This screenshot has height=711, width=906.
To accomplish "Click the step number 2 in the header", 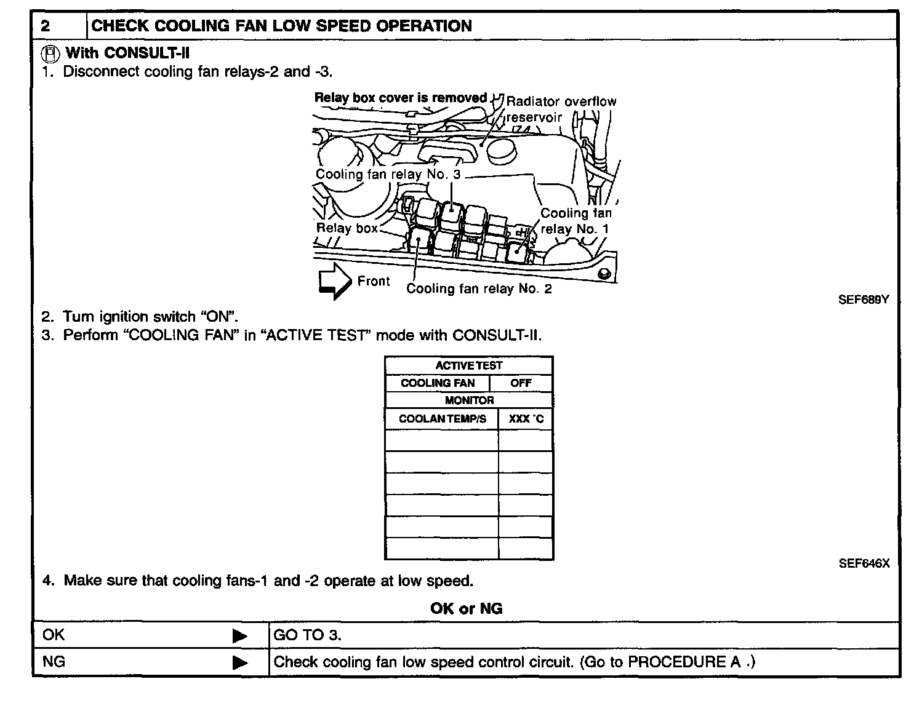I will (46, 26).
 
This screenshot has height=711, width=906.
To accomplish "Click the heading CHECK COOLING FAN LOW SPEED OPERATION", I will (281, 26).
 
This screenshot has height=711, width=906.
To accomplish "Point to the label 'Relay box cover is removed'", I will (400, 98).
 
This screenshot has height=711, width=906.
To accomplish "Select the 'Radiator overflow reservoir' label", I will (560, 108).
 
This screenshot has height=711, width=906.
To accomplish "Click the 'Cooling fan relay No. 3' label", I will (388, 174).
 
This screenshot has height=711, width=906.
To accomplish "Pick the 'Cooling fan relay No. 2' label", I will (479, 288).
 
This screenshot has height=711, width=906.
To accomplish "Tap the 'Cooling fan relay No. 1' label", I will (575, 221).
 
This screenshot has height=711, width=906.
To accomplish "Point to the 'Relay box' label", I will (347, 228).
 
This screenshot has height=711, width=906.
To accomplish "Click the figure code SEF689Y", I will (864, 300).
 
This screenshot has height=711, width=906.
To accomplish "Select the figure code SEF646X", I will (864, 563).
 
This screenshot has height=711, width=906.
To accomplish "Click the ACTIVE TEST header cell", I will (469, 365).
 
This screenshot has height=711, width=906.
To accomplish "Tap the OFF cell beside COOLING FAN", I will (521, 383).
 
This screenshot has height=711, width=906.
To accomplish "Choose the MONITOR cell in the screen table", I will (469, 400).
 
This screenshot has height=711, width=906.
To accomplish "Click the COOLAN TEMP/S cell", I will (442, 419).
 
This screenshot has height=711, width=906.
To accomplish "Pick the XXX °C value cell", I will (526, 419).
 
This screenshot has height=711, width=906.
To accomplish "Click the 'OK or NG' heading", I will (466, 608).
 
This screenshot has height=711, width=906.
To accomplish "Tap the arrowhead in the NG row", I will (239, 663).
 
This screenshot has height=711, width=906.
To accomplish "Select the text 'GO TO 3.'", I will (307, 635).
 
